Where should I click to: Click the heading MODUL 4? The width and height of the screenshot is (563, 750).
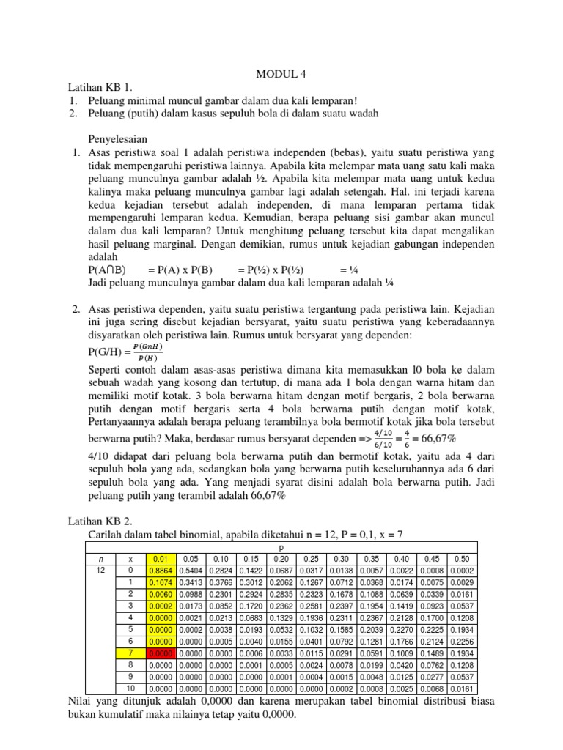click(281, 74)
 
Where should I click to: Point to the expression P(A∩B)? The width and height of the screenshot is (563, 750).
click(109, 270)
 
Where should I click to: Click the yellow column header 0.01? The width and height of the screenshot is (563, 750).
click(162, 558)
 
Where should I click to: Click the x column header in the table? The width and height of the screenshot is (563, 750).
click(130, 558)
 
